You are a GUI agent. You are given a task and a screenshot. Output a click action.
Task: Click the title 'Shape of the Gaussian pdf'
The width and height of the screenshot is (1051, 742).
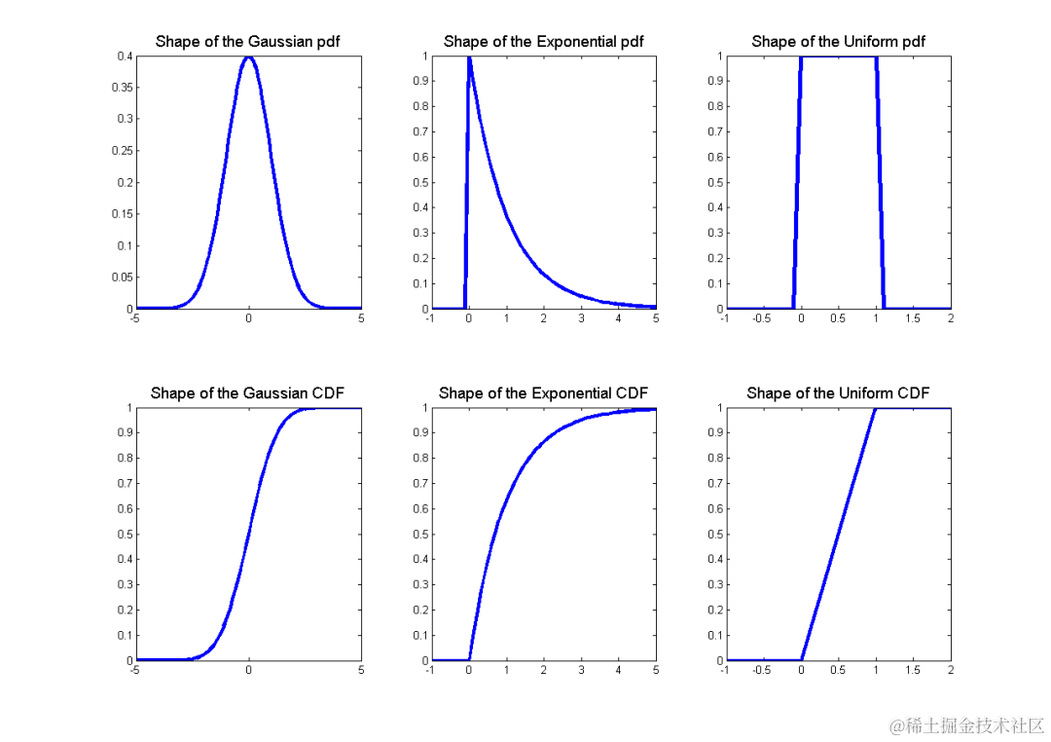pos(247,42)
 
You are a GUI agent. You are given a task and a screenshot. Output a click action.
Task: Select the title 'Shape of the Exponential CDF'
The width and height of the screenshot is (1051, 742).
pos(543,393)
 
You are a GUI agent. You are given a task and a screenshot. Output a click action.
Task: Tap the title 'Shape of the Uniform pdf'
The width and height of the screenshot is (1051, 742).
pos(838,42)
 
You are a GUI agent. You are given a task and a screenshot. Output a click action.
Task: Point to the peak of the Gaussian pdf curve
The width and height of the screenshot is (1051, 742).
pos(248,56)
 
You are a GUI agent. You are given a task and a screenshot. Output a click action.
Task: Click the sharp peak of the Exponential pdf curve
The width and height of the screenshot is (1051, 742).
pos(469,57)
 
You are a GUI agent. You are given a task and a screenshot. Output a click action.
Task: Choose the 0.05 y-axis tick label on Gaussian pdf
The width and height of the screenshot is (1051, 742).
pos(124,278)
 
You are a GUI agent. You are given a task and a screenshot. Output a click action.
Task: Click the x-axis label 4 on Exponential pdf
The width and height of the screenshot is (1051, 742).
pos(618,319)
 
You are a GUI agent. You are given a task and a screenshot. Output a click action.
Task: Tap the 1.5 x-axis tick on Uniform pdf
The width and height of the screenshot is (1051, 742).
pos(913,319)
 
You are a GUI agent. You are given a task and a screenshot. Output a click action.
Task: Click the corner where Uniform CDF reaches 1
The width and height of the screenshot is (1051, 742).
pos(876,409)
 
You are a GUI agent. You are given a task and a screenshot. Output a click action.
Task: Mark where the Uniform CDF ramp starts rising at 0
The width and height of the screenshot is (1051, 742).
pos(801,659)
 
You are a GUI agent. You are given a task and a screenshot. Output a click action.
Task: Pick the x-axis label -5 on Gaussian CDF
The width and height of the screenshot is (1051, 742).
pos(135,671)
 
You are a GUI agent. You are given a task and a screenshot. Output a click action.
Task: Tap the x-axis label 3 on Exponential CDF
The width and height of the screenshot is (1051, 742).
pos(581,671)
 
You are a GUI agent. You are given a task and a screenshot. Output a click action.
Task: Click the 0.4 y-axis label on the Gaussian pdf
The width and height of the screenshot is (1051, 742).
pos(127,56)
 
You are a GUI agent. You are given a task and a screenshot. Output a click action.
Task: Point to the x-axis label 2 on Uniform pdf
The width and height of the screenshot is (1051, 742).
pos(951,319)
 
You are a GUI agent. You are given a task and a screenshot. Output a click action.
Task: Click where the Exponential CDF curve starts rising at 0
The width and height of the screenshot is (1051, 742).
pos(469,659)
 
